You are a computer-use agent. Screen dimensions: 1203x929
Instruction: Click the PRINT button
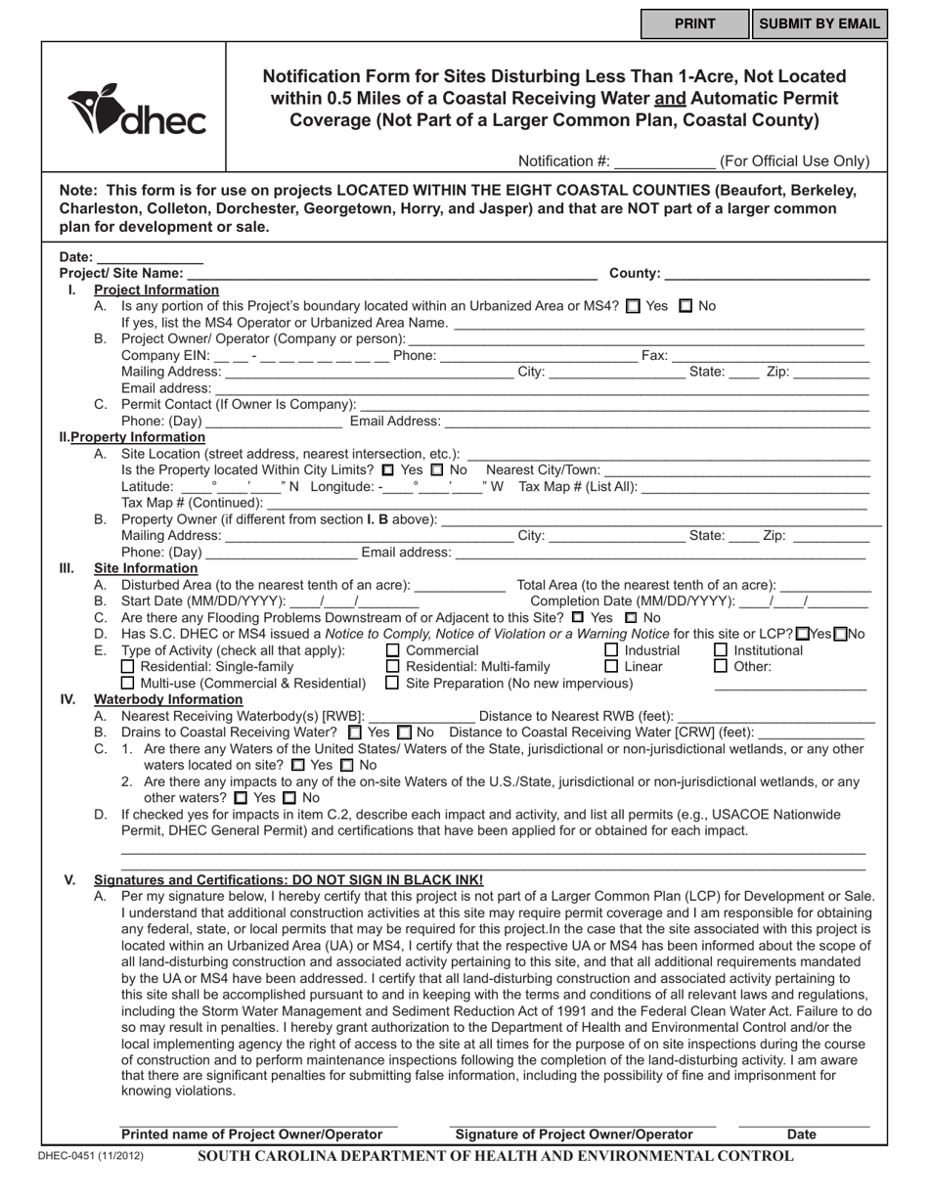coord(694,24)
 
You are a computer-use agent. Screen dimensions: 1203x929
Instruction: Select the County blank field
coord(767,274)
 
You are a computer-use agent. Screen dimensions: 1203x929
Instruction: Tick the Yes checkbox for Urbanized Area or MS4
coord(633,306)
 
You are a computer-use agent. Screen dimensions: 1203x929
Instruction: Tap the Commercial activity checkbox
coord(393,650)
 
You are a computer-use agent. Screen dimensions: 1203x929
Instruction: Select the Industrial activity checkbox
coord(611,650)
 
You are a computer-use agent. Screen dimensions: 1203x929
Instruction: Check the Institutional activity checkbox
coord(721,650)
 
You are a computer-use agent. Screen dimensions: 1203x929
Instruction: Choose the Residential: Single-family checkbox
coord(127,667)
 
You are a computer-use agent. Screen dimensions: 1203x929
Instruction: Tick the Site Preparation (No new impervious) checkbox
coord(393,683)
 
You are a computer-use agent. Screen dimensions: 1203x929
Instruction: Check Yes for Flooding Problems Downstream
coord(578,618)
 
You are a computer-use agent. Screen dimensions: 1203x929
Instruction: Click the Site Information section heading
coord(146,568)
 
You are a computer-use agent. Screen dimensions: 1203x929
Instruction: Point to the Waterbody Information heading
coord(167,699)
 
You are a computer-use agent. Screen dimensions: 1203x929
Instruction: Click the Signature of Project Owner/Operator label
coord(574,1135)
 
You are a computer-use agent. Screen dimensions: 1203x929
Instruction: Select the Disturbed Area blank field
coord(460,586)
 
